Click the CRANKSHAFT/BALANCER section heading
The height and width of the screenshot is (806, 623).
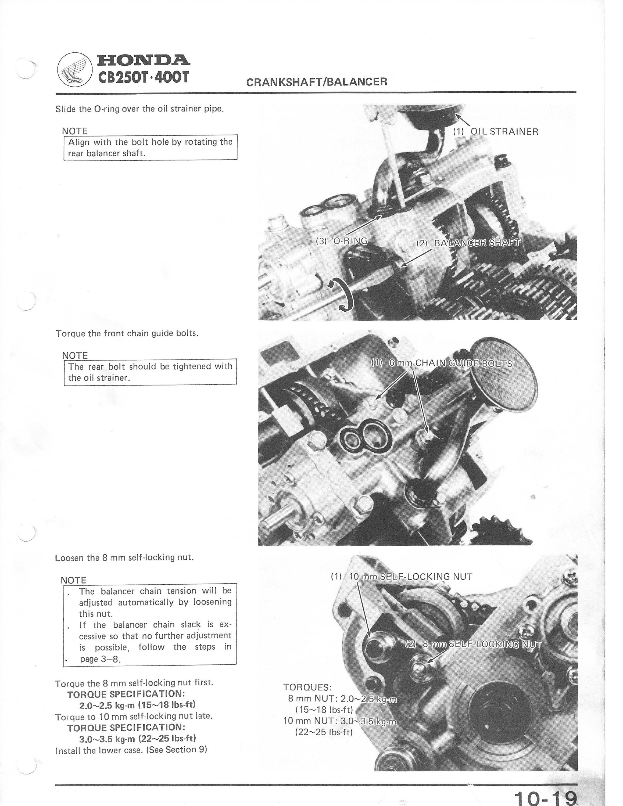pyautogui.click(x=317, y=82)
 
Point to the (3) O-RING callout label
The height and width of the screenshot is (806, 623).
pyautogui.click(x=342, y=241)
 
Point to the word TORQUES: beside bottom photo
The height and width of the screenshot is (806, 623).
pyautogui.click(x=307, y=687)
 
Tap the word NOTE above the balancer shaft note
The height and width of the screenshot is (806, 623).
pyautogui.click(x=75, y=131)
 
